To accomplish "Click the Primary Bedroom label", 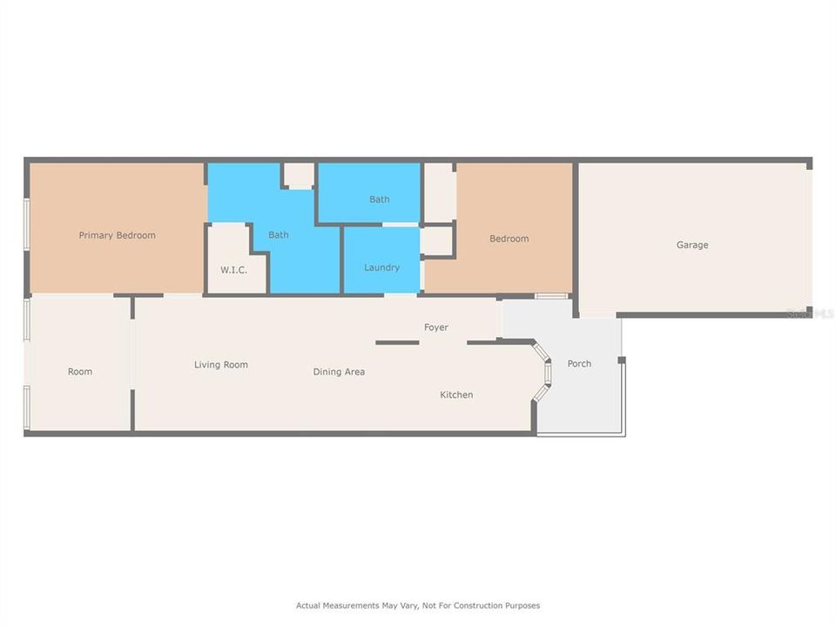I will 117,235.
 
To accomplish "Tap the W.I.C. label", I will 233,270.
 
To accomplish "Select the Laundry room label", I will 381,267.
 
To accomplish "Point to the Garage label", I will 692,245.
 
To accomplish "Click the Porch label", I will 579,363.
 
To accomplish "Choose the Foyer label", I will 436,327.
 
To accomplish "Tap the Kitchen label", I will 456,394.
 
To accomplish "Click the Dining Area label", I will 339,372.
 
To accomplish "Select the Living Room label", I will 221,365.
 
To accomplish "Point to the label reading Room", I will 80,372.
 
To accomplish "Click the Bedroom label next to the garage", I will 509,239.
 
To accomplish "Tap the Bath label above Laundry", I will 380,199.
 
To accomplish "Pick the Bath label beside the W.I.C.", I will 279,235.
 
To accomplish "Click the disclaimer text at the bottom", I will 418,605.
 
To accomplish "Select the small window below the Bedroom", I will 550,296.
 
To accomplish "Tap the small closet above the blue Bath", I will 300,175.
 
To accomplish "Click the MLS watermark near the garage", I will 811,313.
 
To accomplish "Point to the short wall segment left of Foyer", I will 397,342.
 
